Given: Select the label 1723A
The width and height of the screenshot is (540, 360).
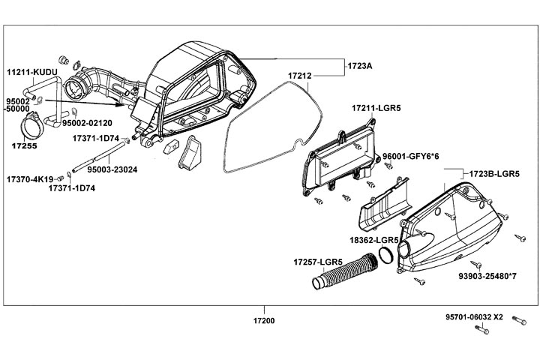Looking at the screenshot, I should tap(360, 66).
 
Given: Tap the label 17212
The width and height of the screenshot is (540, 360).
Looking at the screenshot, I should tap(300, 76).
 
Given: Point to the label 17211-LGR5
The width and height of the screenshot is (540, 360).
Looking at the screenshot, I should tap(376, 109).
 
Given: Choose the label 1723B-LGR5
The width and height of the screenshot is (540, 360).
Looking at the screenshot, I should tap(494, 173).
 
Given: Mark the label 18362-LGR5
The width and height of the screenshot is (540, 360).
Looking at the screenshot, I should tap(373, 240).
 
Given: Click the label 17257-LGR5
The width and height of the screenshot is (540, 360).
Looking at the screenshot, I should tap(317, 262).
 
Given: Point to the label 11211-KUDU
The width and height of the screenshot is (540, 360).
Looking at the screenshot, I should tap(31, 72).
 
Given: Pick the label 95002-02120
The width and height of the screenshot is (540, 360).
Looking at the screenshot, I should tap(87, 123).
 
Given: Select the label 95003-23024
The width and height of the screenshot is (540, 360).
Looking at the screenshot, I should tap(112, 169).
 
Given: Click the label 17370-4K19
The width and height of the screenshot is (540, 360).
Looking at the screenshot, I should tap(29, 180).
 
